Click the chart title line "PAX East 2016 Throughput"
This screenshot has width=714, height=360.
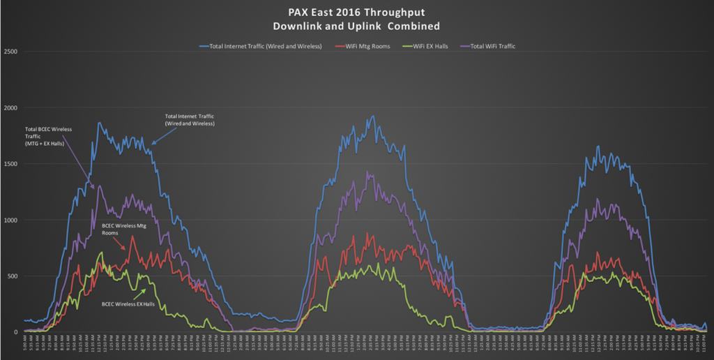tap(357, 12)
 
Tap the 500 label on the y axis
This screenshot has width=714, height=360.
tap(12, 276)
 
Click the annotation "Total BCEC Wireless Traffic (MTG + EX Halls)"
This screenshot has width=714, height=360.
tap(49, 137)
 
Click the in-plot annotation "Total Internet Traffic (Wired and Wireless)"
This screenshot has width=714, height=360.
tap(190, 119)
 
